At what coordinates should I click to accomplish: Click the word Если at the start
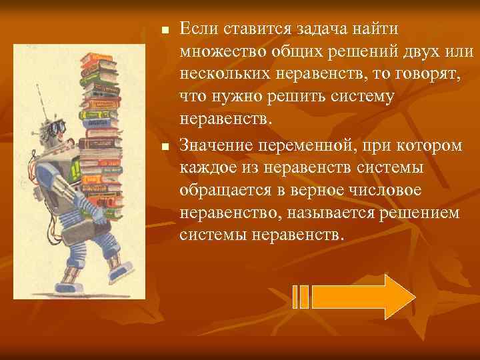(198, 28)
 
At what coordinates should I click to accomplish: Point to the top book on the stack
(100, 59)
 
